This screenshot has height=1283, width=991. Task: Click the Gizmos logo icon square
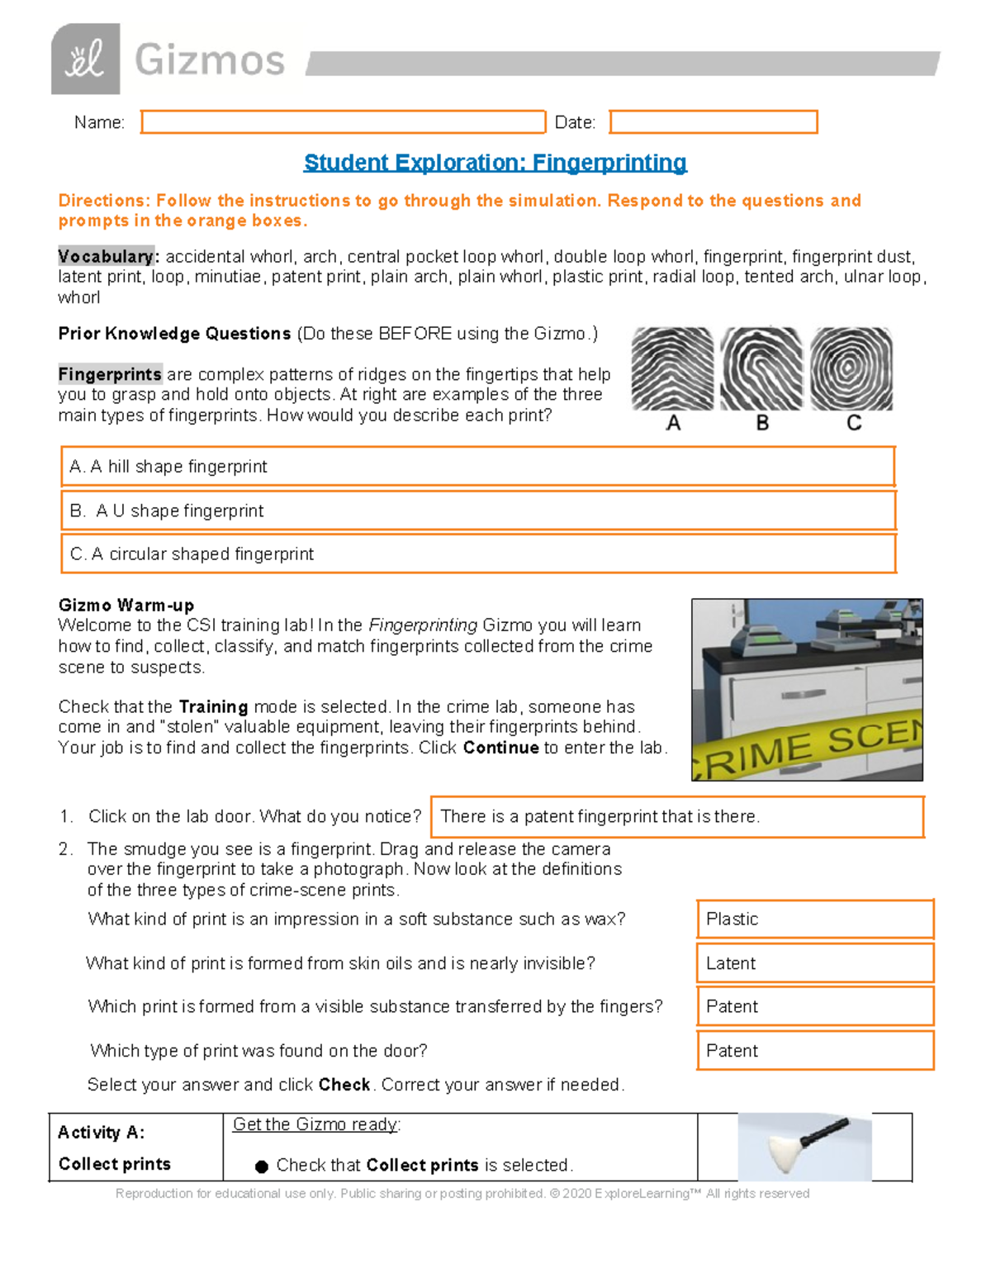coord(85,59)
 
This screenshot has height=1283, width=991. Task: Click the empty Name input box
coord(343,122)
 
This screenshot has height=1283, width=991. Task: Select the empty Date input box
coord(714,122)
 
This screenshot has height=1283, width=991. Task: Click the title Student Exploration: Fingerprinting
coord(495,163)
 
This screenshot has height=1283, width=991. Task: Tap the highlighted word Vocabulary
coord(106,256)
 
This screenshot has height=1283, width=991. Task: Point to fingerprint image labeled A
coord(672,369)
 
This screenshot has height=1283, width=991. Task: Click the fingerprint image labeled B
coord(761,369)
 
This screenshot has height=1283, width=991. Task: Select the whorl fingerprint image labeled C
coord(851,369)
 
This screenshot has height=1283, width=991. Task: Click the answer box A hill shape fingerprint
coord(478,467)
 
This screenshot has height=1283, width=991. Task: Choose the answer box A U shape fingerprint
coord(478,511)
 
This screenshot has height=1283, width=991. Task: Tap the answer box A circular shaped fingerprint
coord(478,554)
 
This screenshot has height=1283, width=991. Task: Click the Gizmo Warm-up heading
coord(126,605)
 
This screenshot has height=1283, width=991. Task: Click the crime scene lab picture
coord(807,690)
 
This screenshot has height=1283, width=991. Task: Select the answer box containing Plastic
coord(814,919)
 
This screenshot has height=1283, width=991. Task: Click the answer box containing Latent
coord(814,963)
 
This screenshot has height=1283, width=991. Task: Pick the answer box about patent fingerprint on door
coord(676,817)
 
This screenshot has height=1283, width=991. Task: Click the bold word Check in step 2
coord(344,1085)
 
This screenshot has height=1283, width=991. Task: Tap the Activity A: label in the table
coord(101,1133)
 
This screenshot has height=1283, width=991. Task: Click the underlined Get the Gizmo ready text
coord(316,1124)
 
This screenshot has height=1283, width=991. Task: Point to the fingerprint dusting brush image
coord(804,1146)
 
